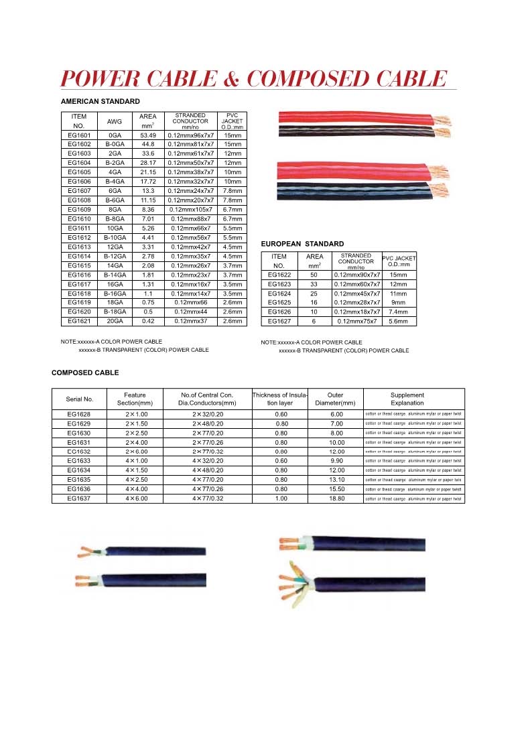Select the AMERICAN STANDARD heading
click(x=100, y=101)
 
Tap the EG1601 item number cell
click(x=79, y=135)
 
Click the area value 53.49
click(x=148, y=135)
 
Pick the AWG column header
click(x=115, y=121)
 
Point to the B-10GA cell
click(x=115, y=237)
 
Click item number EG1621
click(x=79, y=322)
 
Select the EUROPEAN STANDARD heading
click(x=302, y=244)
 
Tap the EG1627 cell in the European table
click(x=279, y=322)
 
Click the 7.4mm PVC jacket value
click(x=399, y=312)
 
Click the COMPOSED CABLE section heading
click(x=85, y=372)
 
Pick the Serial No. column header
click(x=80, y=399)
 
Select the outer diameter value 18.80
click(x=336, y=499)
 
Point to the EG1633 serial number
click(x=79, y=461)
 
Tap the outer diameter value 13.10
click(x=336, y=480)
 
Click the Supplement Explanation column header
click(x=407, y=399)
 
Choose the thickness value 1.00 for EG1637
click(x=281, y=499)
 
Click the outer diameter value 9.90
click(x=336, y=461)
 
